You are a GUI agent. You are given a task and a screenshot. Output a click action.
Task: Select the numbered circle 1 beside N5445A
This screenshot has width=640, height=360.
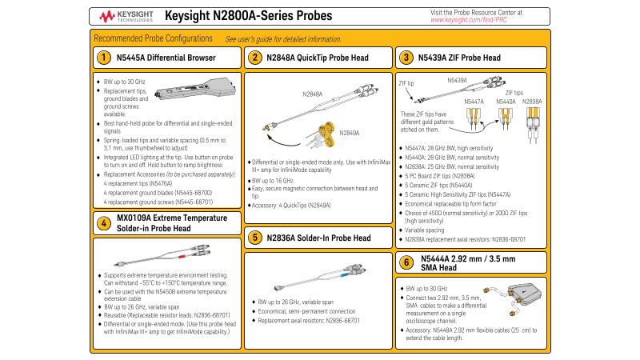tap(103, 58)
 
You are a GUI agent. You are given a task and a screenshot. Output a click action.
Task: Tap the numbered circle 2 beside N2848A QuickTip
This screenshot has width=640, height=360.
tap(254, 58)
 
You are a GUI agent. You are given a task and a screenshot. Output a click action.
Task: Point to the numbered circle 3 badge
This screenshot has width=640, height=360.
tap(406, 58)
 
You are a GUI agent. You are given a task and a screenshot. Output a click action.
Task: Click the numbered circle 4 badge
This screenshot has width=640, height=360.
tap(103, 223)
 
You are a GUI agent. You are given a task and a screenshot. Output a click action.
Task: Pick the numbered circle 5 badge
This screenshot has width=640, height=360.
tap(254, 238)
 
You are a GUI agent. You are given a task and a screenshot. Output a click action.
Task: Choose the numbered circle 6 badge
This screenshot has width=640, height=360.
tap(406, 262)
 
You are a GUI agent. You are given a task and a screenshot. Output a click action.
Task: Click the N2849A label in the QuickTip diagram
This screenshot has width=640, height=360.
tap(350, 133)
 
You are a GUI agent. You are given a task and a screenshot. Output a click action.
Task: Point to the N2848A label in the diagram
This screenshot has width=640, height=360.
tap(312, 94)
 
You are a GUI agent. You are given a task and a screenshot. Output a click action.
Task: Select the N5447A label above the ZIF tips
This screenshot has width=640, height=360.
tap(474, 102)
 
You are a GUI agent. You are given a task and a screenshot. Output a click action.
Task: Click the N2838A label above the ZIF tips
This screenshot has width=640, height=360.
tap(532, 102)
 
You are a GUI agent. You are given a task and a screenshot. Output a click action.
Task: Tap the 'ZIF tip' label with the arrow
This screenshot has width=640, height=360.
tap(406, 82)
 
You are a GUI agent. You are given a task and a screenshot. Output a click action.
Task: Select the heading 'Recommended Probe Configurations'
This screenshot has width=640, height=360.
tap(153, 38)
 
